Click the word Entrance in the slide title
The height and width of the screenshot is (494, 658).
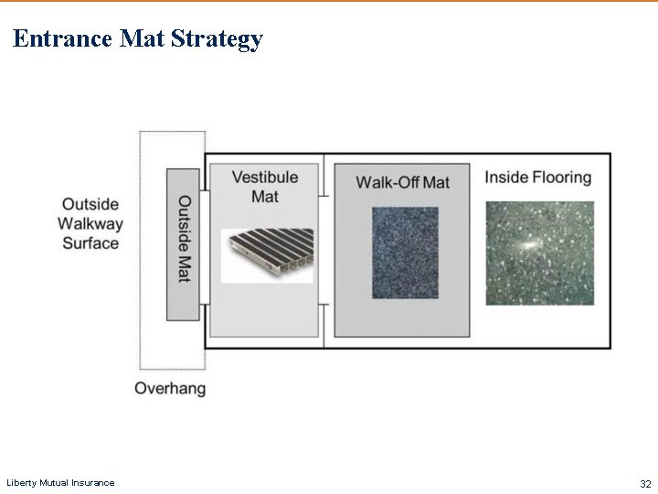[63, 38]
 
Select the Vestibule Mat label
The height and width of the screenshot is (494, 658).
[264, 187]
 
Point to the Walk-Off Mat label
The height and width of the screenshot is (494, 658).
[402, 182]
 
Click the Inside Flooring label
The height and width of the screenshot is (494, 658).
[537, 177]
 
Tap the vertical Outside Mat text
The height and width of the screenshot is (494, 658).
[184, 239]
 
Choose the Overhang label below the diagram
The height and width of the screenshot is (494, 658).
[170, 388]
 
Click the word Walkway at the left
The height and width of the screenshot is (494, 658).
[90, 223]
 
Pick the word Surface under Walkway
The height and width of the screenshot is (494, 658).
[90, 243]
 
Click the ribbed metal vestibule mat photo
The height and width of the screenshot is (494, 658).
[267, 254]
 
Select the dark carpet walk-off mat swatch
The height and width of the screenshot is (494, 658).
[404, 252]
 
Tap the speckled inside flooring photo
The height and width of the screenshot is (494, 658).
[539, 253]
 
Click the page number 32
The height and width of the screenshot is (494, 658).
[645, 483]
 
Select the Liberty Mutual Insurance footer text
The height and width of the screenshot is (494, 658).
[60, 483]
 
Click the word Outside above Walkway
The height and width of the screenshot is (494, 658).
[90, 203]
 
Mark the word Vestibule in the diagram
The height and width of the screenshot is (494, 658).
[264, 177]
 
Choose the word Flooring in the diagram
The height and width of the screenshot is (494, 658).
[559, 177]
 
